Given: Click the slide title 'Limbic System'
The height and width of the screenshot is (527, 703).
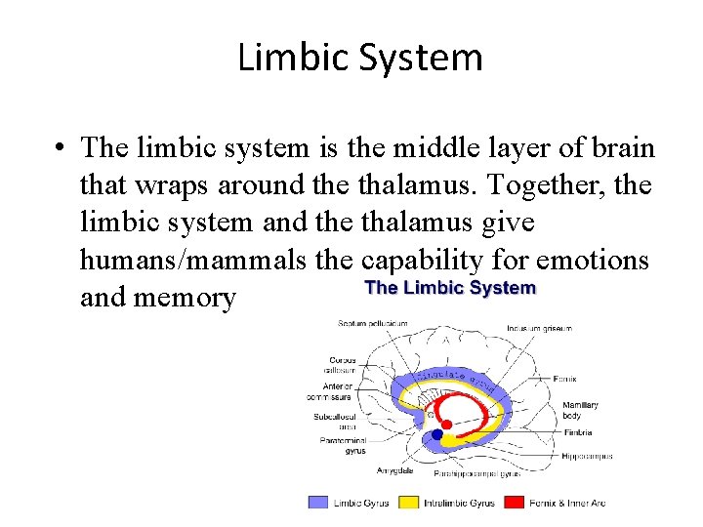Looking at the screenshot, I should pos(359,58).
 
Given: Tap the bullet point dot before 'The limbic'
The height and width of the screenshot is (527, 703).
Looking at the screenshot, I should pos(61,148).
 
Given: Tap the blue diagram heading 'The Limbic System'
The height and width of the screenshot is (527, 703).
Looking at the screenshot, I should pos(450,288).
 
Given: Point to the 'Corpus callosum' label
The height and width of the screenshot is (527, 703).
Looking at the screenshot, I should pos(342,365).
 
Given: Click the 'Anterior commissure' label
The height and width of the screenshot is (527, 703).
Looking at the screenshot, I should pos(338,391).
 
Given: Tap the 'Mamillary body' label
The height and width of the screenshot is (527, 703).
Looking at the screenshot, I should pos(580,409).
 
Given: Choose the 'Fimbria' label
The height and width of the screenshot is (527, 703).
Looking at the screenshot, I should pos(577,431).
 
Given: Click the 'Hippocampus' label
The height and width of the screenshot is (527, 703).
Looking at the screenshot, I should pos(587,456).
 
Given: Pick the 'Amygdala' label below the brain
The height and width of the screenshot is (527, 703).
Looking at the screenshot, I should pos(395,470).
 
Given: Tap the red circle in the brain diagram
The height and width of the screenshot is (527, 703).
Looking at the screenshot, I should pos(446,425).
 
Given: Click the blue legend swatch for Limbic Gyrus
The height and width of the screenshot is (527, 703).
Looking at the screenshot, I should pos(318,503).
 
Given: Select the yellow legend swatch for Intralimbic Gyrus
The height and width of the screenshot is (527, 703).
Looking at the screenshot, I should pos(409,503).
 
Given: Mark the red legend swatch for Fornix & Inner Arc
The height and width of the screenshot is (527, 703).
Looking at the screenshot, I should pos(514,503).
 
